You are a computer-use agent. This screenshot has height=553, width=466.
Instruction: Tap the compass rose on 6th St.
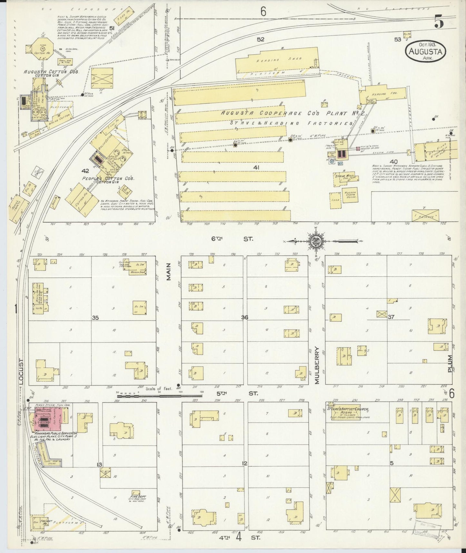click(314, 241)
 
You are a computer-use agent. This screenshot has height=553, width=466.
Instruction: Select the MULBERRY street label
click(317, 365)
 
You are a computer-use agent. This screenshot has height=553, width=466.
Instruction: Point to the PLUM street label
click(450, 364)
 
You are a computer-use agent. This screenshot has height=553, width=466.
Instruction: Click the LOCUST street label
click(21, 371)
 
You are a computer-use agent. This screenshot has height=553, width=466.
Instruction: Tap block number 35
click(95, 318)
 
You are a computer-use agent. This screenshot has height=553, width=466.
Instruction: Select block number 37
click(391, 317)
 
